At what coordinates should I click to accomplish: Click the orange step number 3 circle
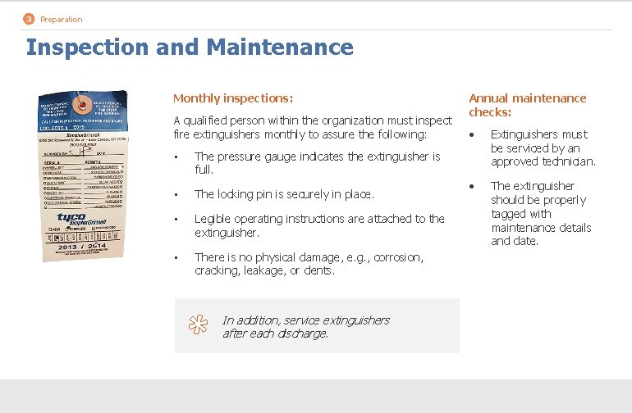click(x=30, y=19)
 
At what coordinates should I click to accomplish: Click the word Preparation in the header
click(x=61, y=20)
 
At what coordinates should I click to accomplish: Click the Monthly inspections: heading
click(x=232, y=98)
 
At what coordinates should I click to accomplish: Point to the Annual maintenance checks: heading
click(x=527, y=105)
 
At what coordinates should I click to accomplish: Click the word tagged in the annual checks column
click(x=510, y=214)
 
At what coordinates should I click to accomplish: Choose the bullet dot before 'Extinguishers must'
click(x=472, y=135)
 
